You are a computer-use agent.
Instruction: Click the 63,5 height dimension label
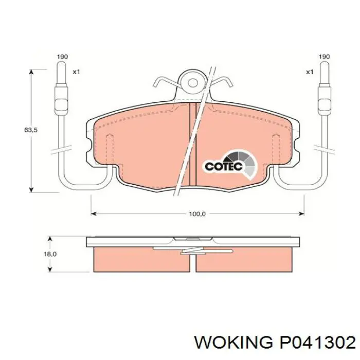31,130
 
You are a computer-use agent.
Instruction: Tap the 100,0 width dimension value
197,214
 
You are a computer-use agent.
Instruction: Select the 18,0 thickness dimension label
50,254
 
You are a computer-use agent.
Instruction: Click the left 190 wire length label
62,57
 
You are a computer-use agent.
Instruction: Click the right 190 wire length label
325,57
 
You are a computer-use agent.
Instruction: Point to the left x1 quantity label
76,72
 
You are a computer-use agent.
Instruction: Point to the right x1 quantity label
310,72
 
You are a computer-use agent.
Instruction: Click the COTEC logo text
224,166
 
